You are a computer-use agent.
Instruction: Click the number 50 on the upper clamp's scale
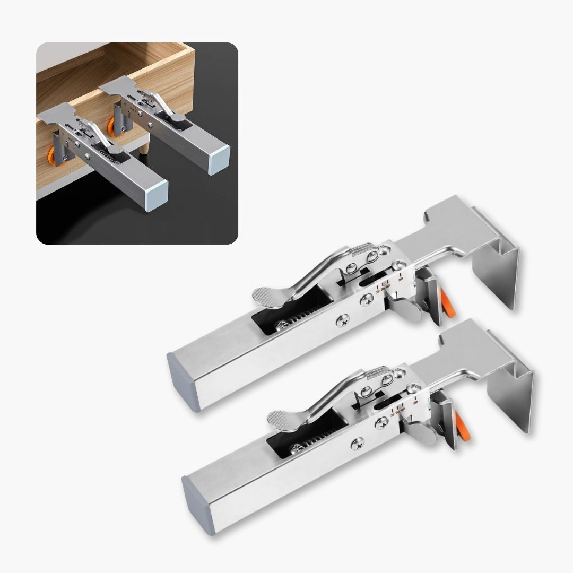point(401,278)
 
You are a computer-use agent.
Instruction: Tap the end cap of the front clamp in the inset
point(158,188)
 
